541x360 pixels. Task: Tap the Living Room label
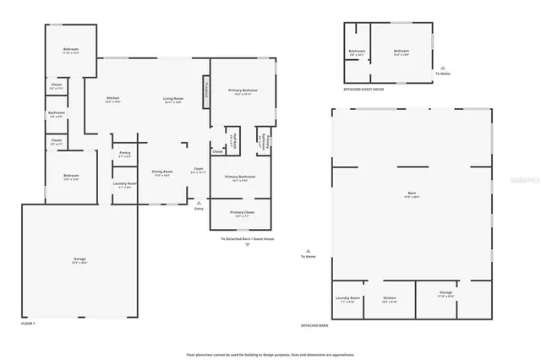click(173, 100)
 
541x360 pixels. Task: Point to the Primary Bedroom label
click(243, 90)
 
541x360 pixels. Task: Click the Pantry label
click(124, 154)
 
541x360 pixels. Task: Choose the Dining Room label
click(162, 172)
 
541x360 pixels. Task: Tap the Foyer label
click(198, 172)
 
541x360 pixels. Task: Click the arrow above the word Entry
click(199, 203)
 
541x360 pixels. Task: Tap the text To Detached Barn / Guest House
click(248, 239)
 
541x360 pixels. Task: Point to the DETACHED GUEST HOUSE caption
click(363, 89)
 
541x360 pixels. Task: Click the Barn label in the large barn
click(412, 194)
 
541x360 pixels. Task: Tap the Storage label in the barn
click(445, 293)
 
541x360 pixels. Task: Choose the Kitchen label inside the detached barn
click(389, 298)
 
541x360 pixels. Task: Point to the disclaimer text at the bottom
click(270, 354)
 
